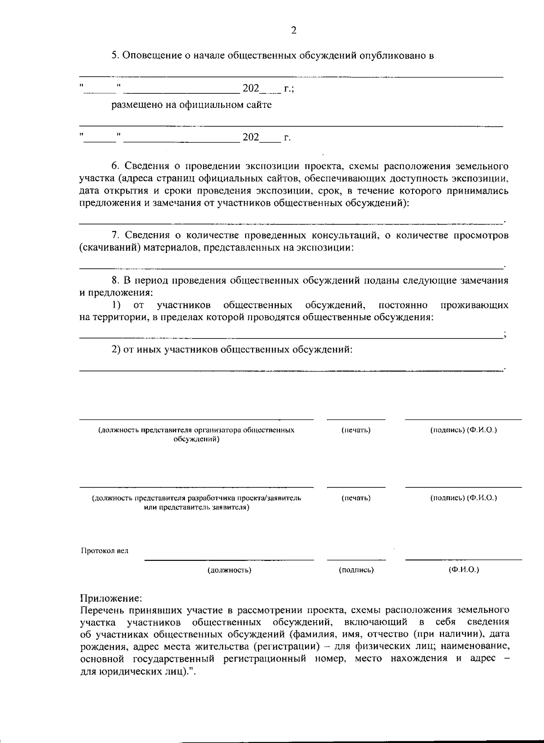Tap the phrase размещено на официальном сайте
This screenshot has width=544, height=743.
pyautogui.click(x=192, y=105)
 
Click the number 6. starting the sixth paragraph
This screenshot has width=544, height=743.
pyautogui.click(x=116, y=166)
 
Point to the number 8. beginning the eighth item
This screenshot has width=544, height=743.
pyautogui.click(x=116, y=281)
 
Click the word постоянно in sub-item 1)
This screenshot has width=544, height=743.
pyautogui.click(x=403, y=305)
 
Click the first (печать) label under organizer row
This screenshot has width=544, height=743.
pyautogui.click(x=356, y=430)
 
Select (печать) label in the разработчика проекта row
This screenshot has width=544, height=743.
pyautogui.click(x=356, y=498)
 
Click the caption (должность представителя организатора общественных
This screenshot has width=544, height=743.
pyautogui.click(x=196, y=430)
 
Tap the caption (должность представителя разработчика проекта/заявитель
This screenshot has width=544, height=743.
pyautogui.click(x=196, y=498)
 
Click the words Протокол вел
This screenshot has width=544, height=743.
pyautogui.click(x=104, y=551)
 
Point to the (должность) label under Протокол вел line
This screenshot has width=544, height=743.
pyautogui.click(x=229, y=570)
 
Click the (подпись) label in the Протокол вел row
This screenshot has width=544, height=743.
pyautogui.click(x=356, y=570)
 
